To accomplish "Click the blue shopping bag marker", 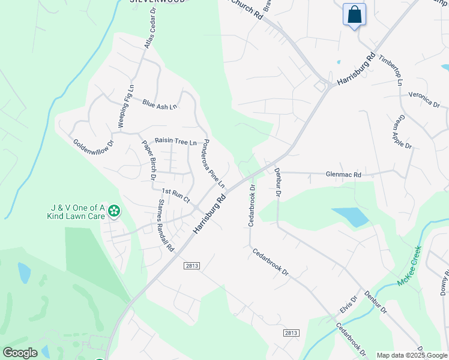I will pos(354,14).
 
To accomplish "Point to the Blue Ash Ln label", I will pos(160,104).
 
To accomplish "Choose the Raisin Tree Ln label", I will pos(176,142).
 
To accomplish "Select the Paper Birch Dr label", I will pos(149,160).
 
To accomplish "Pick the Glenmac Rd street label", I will pos(343,175).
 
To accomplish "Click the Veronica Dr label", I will pos(424,99).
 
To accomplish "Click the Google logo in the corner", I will pos(20,353).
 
